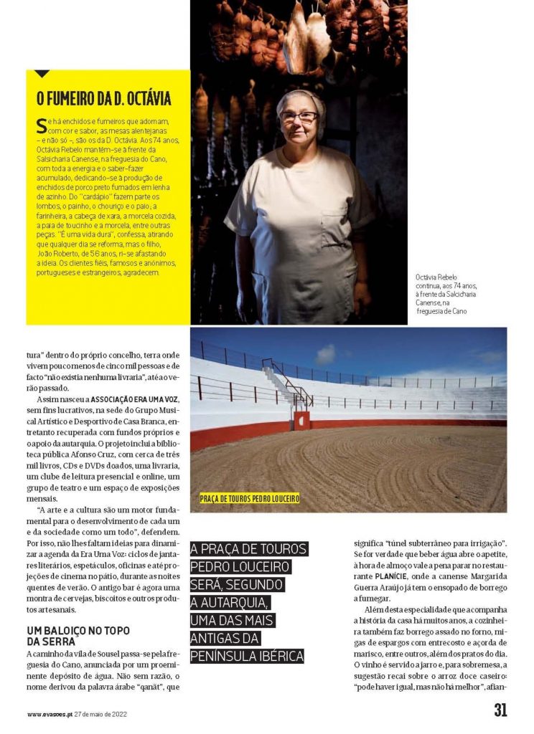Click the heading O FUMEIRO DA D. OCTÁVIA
(104, 98)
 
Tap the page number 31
(500, 710)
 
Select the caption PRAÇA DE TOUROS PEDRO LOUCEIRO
(249, 498)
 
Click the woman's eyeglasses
(299, 117)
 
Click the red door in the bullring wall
(302, 421)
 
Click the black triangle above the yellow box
(42, 73)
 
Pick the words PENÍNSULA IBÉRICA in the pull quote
(247, 655)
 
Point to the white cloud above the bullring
(326, 354)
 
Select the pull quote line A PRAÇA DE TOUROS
(248, 550)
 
